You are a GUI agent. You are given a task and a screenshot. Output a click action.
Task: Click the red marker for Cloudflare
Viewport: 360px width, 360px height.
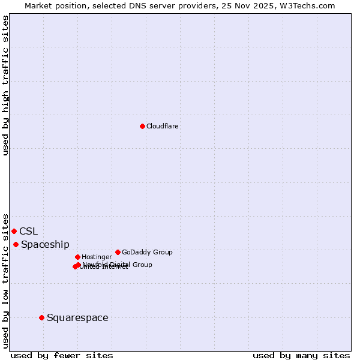(x=142, y=126)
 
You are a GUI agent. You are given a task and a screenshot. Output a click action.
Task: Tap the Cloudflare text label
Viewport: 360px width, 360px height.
(x=163, y=127)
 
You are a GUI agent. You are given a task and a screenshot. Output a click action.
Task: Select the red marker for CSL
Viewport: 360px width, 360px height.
(x=14, y=231)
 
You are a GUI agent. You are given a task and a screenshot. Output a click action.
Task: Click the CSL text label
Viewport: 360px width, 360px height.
(x=28, y=232)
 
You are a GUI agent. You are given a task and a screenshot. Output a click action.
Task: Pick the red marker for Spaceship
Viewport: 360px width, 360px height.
(x=16, y=244)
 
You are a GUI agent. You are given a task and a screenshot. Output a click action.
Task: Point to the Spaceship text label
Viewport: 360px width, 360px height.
(x=45, y=245)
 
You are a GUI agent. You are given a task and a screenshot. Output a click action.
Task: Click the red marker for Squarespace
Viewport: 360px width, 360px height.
(x=41, y=317)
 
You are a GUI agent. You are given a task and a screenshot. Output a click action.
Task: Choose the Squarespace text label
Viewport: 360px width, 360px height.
(x=77, y=318)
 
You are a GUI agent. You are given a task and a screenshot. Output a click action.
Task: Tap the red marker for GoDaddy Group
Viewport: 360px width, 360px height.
(x=118, y=252)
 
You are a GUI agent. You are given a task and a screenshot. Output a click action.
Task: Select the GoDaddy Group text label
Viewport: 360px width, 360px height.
(x=147, y=253)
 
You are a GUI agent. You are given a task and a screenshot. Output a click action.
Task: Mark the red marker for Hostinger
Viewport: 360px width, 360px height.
(x=77, y=257)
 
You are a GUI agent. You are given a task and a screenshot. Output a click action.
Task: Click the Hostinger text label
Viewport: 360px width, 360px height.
(x=97, y=257)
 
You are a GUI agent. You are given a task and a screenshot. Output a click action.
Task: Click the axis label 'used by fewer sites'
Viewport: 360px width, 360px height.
(x=62, y=356)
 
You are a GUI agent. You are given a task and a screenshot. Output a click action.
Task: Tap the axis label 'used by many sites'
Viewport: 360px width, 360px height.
(x=301, y=356)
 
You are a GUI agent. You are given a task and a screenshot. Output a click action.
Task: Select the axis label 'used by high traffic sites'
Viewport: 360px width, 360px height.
(x=6, y=85)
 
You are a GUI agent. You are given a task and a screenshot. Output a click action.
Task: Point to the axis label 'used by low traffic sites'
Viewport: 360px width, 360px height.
(x=6, y=280)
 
